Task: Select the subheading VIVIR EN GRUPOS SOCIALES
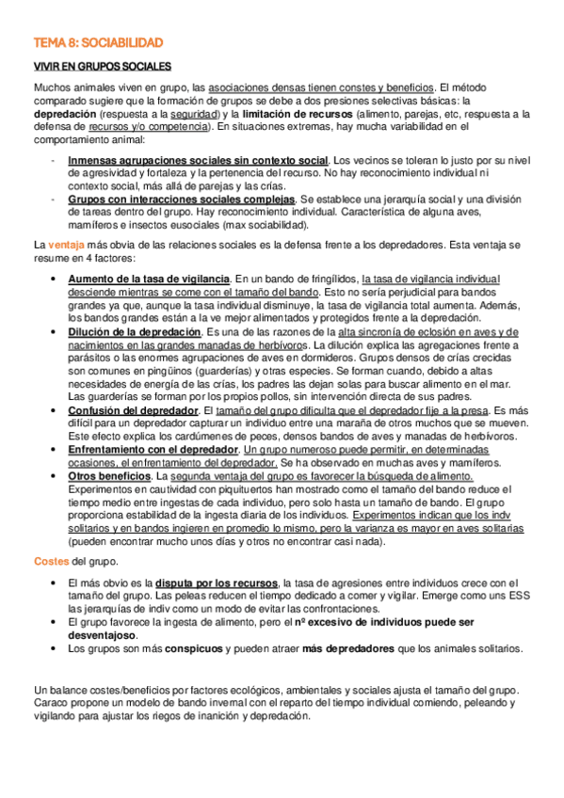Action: (x=102, y=67)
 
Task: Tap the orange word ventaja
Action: (x=66, y=245)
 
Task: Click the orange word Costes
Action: (x=51, y=561)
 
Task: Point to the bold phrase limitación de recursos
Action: (x=293, y=114)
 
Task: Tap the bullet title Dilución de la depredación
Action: (x=134, y=332)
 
